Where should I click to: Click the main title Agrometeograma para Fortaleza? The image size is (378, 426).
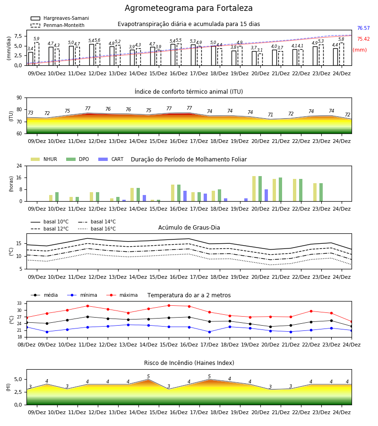click(x=189, y=8)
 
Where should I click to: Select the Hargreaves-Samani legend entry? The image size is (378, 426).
click(x=60, y=18)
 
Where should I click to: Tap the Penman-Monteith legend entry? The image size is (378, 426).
click(x=58, y=25)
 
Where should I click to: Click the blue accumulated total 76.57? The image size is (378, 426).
click(x=363, y=28)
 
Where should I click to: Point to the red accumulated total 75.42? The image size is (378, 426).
click(x=363, y=39)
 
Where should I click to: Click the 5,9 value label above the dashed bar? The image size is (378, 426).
click(x=36, y=39)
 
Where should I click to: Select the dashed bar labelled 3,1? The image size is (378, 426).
click(x=260, y=60)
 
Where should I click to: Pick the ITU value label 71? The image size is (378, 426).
click(x=270, y=115)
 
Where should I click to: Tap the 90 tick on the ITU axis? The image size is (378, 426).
click(x=19, y=98)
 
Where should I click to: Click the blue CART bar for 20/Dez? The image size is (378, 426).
click(x=266, y=195)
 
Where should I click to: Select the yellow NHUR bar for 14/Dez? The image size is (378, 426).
click(x=132, y=195)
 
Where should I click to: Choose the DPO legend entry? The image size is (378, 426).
click(x=77, y=159)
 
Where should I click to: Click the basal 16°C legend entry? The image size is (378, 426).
click(x=97, y=229)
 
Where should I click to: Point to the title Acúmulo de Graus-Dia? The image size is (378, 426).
click(x=189, y=228)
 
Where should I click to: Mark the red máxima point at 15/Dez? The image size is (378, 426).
click(x=169, y=306)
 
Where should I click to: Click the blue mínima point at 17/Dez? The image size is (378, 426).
click(x=210, y=332)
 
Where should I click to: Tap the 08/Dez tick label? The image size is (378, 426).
click(x=26, y=345)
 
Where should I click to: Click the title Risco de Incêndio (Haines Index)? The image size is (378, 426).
click(x=189, y=363)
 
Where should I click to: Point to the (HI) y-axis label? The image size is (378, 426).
click(x=8, y=387)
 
